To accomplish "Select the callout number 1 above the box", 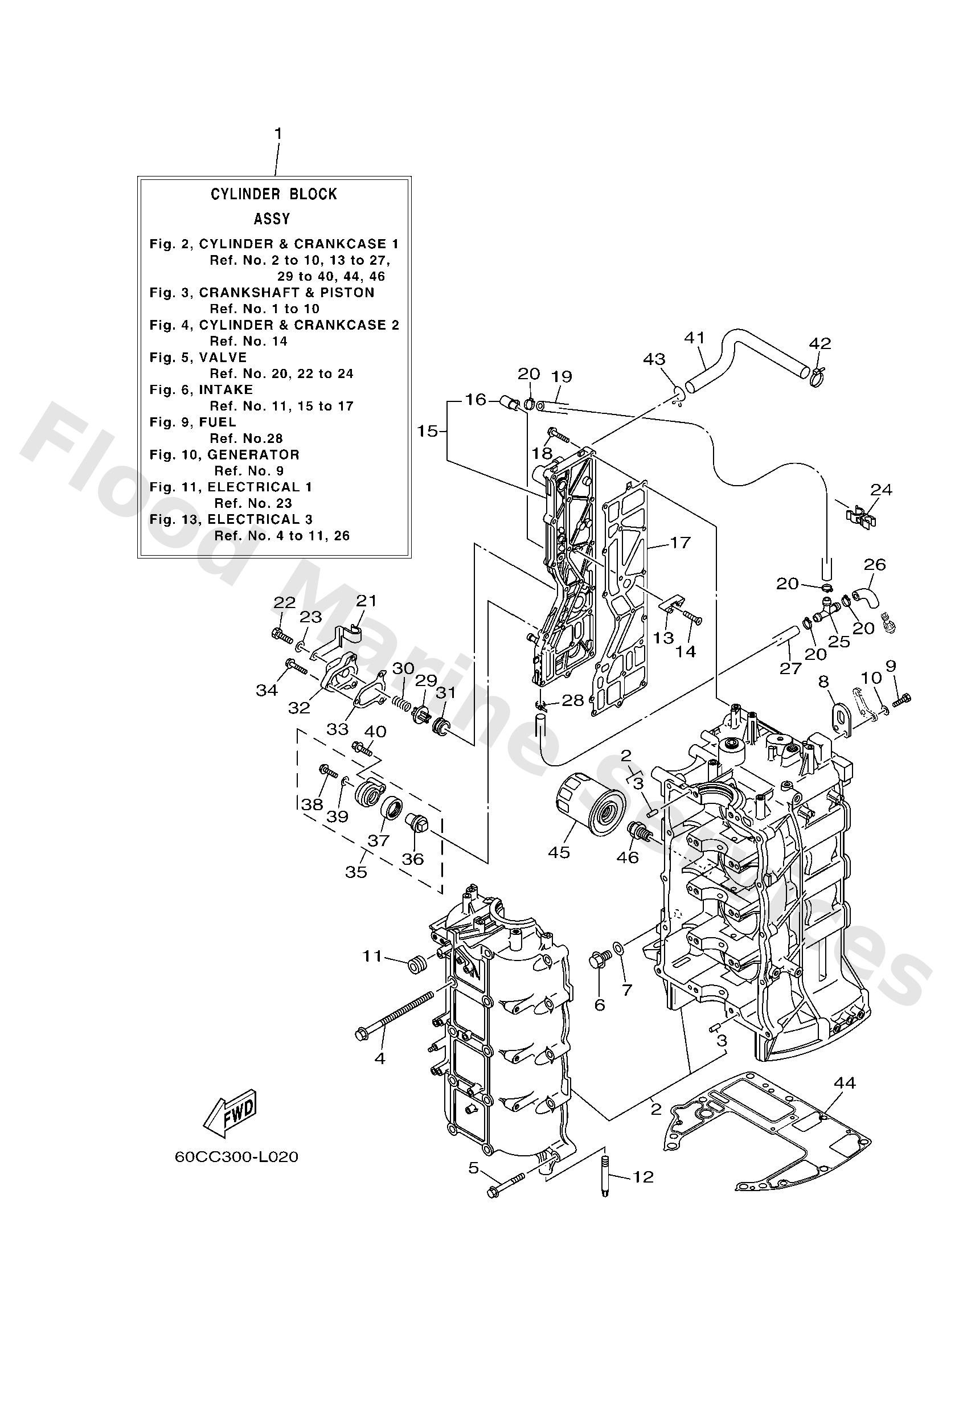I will [278, 133].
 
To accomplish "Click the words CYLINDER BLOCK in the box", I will [273, 194].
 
